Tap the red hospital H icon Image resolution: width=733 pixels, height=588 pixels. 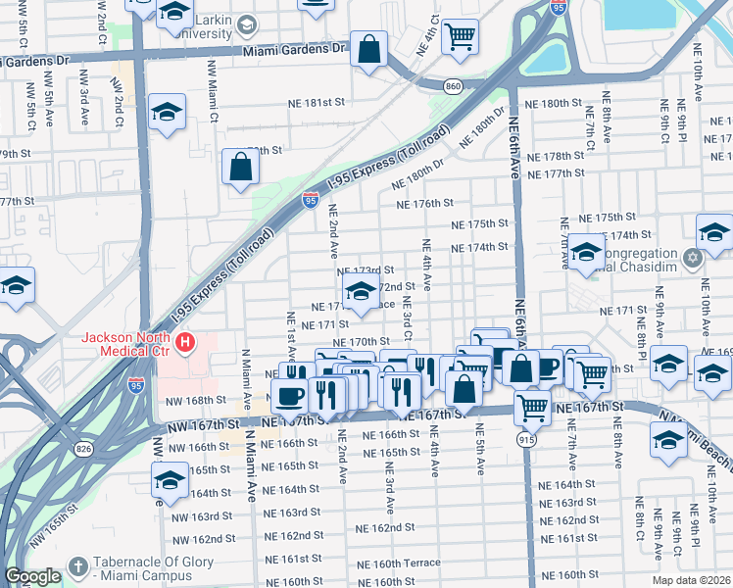(185, 343)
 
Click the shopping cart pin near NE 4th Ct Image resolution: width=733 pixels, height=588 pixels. (460, 38)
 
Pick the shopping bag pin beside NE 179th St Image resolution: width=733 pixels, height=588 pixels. (240, 168)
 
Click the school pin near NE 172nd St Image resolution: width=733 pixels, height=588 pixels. (360, 291)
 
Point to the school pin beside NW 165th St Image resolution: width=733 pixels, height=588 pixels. (170, 481)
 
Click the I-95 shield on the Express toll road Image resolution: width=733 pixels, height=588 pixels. (310, 201)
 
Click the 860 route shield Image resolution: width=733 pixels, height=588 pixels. (453, 87)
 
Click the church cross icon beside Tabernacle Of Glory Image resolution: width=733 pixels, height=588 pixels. (77, 566)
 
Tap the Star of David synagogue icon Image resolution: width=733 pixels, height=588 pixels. (693, 259)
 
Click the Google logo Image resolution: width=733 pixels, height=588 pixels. (33, 576)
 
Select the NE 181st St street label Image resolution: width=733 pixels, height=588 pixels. (316, 102)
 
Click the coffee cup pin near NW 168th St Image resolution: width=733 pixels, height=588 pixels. (290, 395)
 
